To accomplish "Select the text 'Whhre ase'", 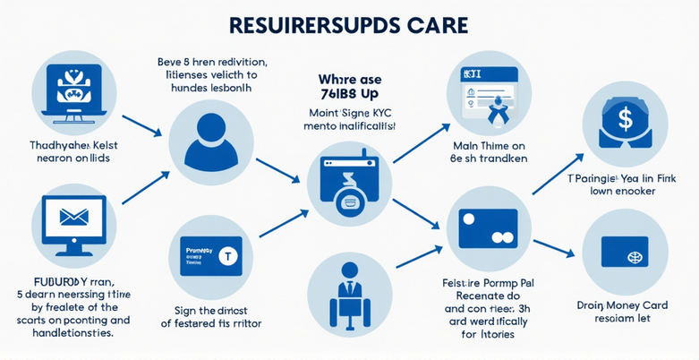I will point(349,78).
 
